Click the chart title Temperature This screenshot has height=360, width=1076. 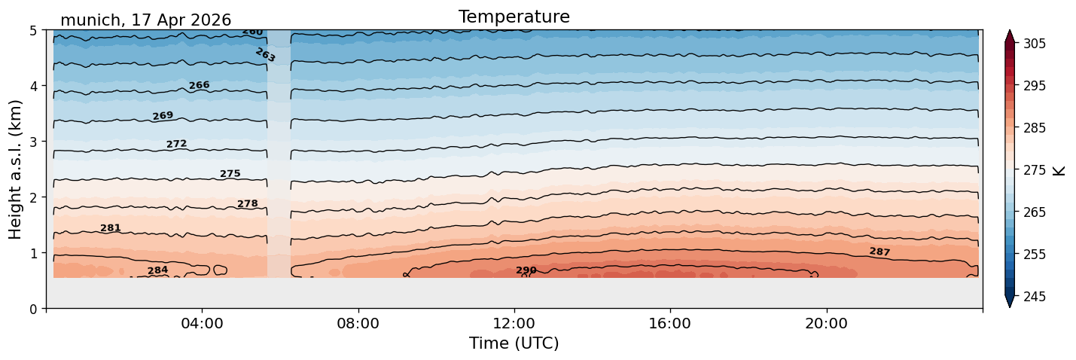(514, 17)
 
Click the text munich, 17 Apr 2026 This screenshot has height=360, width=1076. (145, 20)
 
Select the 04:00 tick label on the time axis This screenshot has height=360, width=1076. (203, 323)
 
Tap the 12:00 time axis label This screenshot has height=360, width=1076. (514, 323)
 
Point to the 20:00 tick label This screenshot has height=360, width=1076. (827, 323)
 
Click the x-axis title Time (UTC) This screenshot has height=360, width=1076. (514, 343)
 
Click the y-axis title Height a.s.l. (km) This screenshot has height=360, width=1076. (15, 169)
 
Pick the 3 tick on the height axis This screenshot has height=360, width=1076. (33, 142)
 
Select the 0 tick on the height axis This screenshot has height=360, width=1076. (33, 309)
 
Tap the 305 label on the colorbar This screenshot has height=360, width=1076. (1035, 44)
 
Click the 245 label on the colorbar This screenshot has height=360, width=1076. (1035, 297)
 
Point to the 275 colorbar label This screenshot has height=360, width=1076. (1035, 170)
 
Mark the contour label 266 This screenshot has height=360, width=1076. (200, 85)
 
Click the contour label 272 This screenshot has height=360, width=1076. (177, 144)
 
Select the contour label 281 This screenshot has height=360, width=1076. (111, 227)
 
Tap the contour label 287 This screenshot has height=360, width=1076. (880, 252)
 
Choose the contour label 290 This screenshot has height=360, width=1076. (526, 270)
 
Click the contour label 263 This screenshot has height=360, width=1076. (265, 55)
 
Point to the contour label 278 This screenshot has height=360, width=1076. (248, 204)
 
